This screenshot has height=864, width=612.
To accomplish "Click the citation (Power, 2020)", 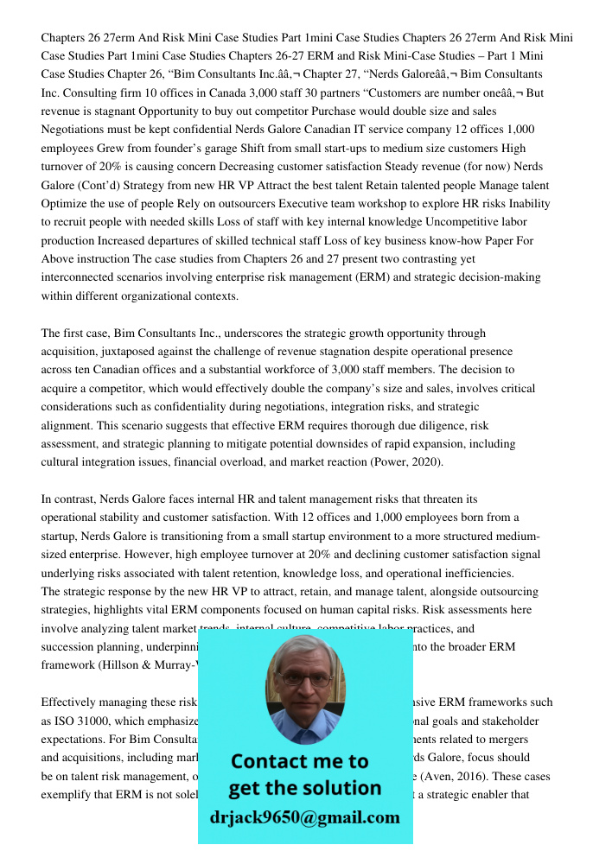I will (x=405, y=462).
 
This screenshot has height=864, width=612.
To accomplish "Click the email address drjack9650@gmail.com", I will (x=304, y=817).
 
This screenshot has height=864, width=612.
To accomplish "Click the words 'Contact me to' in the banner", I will (x=299, y=761).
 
